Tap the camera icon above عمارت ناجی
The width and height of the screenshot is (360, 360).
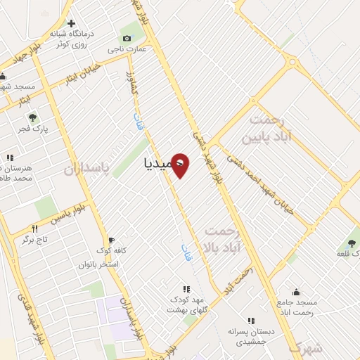[127, 38]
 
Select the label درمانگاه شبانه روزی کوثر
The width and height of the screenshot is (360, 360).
[78, 38]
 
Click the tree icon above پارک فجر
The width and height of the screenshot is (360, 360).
[31, 117]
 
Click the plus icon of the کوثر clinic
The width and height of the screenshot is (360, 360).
[70, 23]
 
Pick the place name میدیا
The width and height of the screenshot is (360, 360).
[156, 163]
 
